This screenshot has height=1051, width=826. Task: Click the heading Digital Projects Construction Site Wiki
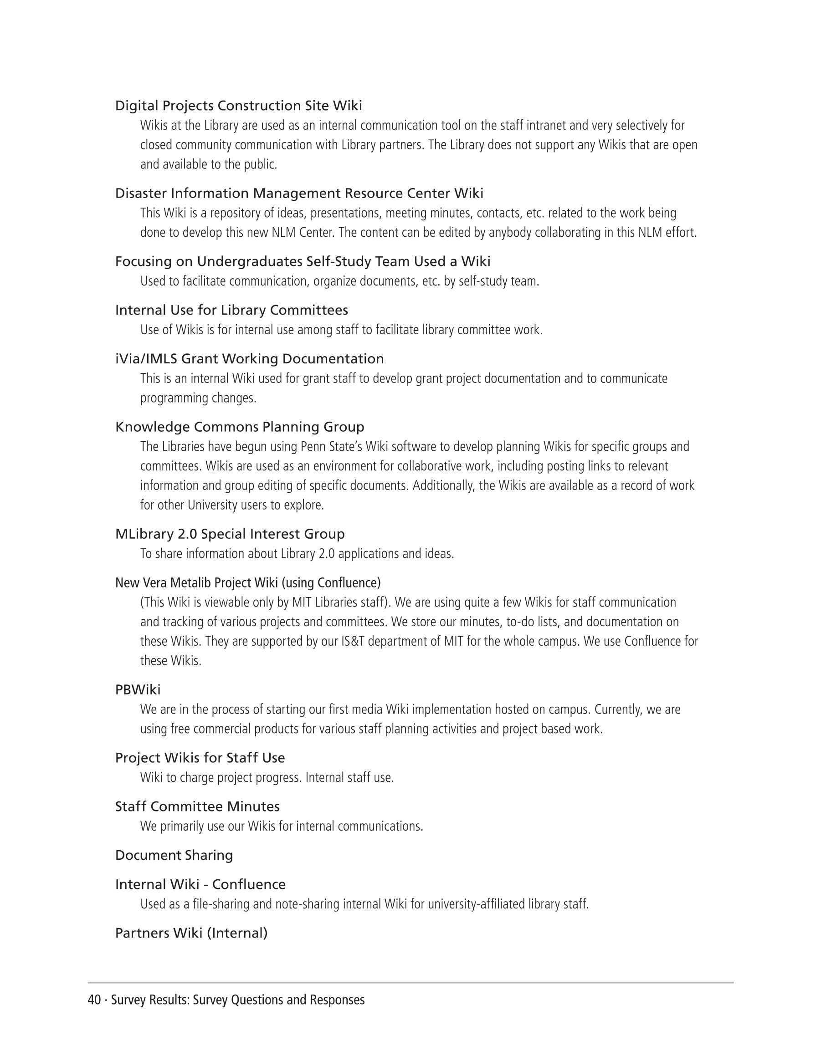click(238, 105)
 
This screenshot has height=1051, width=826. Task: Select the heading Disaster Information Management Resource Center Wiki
click(299, 194)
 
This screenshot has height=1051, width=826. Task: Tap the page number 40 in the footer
click(94, 1000)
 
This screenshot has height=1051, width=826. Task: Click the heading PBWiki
click(138, 690)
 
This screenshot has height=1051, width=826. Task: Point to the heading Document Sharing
click(174, 855)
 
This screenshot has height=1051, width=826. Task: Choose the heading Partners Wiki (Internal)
click(191, 933)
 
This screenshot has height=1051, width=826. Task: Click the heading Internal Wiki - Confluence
click(200, 884)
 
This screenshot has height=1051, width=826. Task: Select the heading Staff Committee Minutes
click(197, 806)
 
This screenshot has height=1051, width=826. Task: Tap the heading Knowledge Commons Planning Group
click(239, 427)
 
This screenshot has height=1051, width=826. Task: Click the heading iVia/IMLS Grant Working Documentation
click(249, 359)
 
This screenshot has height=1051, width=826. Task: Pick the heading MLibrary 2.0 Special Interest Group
click(230, 534)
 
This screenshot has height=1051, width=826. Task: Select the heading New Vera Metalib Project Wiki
click(247, 583)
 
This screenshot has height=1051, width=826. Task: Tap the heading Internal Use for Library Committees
click(231, 310)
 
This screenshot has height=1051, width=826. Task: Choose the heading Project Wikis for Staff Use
click(200, 758)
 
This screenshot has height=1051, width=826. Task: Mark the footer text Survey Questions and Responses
click(278, 1000)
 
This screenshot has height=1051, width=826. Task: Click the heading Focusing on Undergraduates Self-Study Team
click(302, 261)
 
